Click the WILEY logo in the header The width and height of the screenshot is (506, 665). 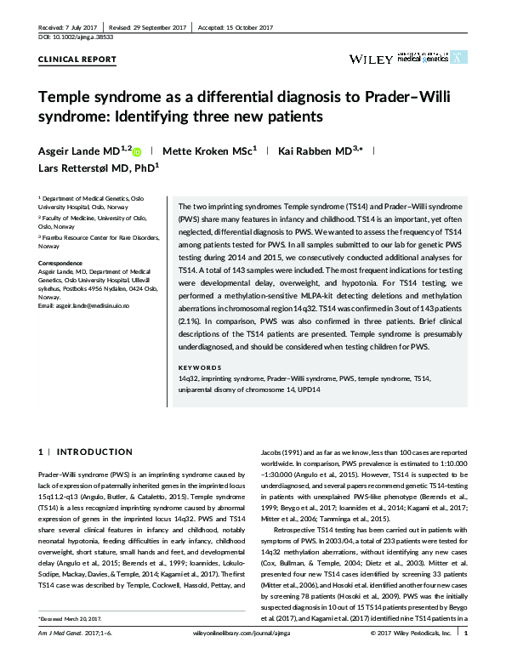369,58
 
